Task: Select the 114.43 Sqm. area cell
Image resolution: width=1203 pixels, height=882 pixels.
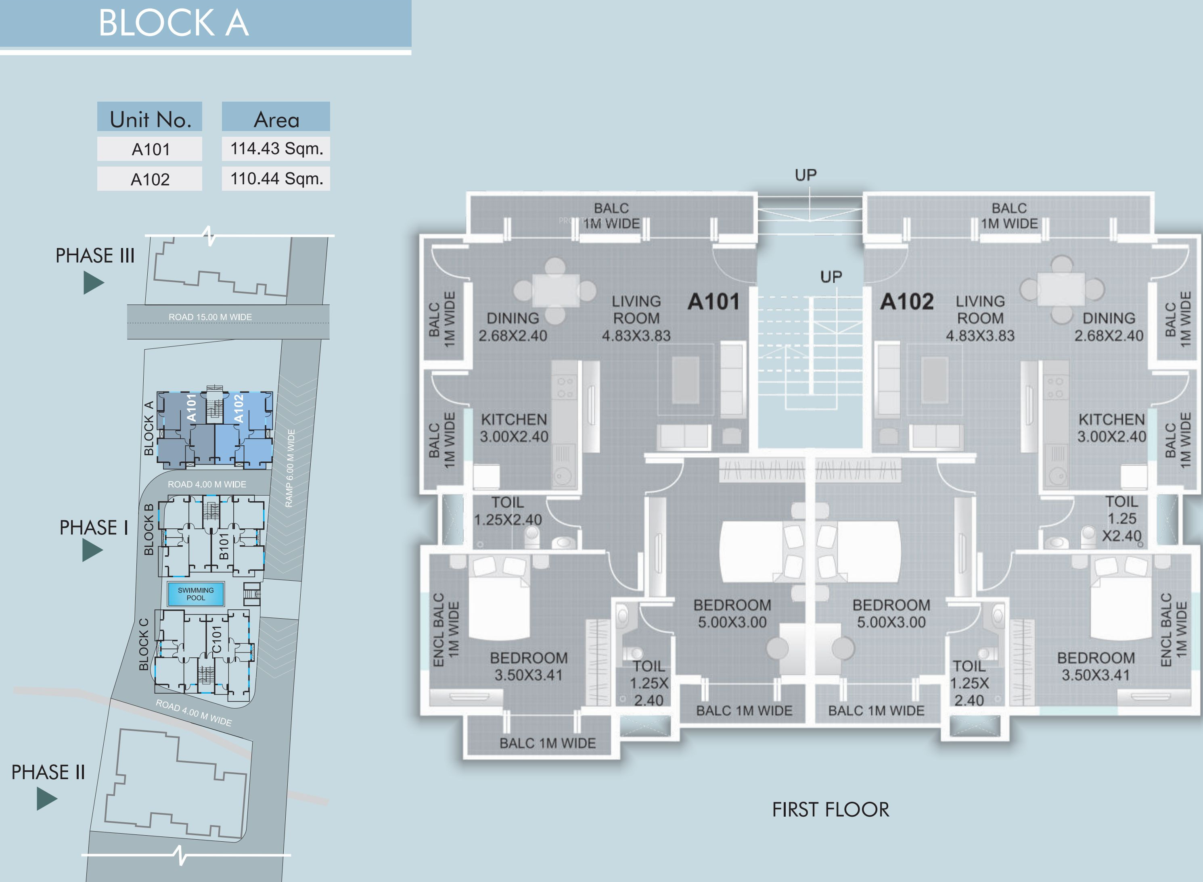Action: click(x=276, y=148)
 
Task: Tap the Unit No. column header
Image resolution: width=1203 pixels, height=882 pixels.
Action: click(x=150, y=119)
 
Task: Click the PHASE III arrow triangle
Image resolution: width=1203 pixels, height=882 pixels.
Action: click(x=93, y=283)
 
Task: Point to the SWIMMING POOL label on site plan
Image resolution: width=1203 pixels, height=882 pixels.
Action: click(x=195, y=594)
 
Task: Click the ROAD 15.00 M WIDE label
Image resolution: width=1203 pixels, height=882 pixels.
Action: click(x=210, y=317)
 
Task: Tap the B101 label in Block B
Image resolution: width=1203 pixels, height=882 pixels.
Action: click(x=224, y=546)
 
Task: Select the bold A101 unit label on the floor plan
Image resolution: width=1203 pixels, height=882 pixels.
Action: click(x=713, y=302)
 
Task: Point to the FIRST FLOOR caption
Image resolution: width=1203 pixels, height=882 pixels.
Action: click(x=831, y=810)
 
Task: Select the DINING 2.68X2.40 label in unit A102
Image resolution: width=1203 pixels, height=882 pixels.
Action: click(x=1109, y=327)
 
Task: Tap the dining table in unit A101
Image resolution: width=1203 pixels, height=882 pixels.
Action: click(x=556, y=290)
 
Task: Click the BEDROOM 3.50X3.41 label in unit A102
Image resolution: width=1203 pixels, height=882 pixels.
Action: click(x=1096, y=666)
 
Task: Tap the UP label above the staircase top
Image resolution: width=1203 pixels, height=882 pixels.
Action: click(x=805, y=175)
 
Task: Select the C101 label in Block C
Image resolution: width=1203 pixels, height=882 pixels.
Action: click(x=216, y=640)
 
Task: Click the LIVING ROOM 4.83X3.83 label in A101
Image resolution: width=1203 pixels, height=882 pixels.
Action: click(x=636, y=318)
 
